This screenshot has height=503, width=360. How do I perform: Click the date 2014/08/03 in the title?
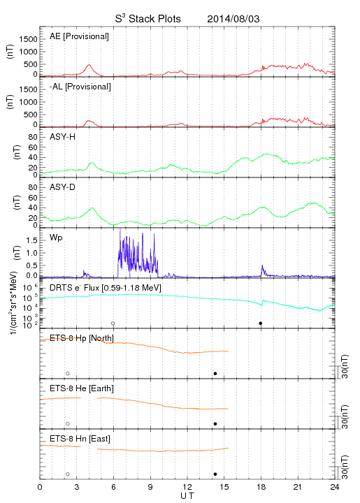(x=233, y=19)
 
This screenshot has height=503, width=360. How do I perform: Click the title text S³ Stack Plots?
(x=148, y=19)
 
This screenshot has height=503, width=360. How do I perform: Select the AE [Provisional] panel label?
(x=79, y=36)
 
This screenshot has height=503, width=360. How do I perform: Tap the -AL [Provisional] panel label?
(x=80, y=87)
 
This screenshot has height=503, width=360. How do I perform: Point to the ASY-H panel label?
(x=63, y=137)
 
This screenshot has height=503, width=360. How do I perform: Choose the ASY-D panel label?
(x=63, y=187)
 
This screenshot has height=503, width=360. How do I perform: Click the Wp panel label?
(x=56, y=238)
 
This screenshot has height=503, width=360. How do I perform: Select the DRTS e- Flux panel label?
(x=106, y=288)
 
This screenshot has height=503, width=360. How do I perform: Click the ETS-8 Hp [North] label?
(x=82, y=338)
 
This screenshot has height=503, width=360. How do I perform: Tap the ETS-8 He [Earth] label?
(x=82, y=388)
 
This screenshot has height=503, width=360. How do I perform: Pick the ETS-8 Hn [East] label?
(x=80, y=439)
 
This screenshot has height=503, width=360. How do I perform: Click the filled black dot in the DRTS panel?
(x=261, y=323)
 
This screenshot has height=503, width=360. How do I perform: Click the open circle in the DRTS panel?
(x=113, y=323)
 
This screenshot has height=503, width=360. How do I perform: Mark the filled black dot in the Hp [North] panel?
(x=215, y=373)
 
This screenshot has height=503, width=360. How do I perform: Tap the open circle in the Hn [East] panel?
(x=68, y=474)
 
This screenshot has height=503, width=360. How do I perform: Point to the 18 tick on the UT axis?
(x=261, y=487)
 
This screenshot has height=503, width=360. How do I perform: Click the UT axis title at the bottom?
(x=187, y=496)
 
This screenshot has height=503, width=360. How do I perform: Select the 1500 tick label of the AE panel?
(x=28, y=39)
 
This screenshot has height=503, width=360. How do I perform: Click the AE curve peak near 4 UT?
(x=89, y=65)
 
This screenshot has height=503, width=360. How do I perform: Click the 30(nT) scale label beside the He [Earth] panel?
(x=345, y=416)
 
